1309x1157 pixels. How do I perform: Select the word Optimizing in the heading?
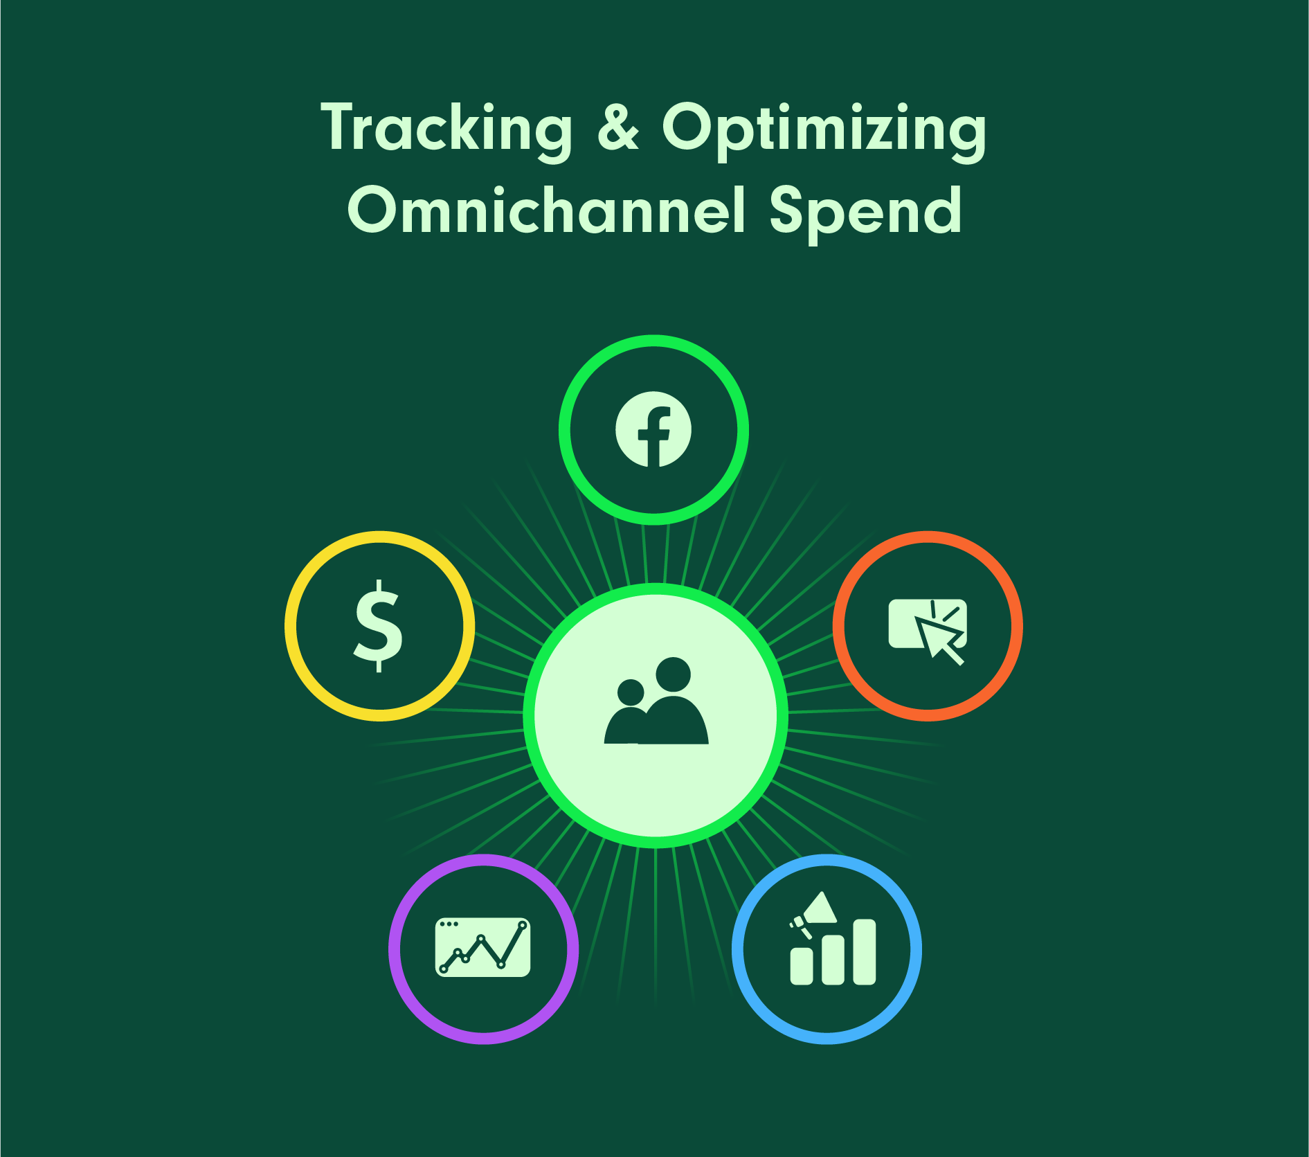tap(824, 129)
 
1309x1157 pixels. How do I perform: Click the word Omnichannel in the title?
tap(547, 210)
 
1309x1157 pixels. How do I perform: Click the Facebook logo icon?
tap(653, 429)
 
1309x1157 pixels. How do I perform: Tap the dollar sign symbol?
tap(379, 626)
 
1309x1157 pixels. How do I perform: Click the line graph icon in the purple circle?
tap(482, 947)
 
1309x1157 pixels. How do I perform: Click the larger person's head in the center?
tap(673, 674)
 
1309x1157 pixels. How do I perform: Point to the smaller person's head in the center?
tap(631, 692)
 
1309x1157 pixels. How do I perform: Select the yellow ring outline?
tap(291, 626)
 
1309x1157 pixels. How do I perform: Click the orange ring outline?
tap(1017, 626)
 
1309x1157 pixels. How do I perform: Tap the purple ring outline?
tap(395, 949)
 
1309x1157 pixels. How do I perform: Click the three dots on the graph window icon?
tap(449, 924)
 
